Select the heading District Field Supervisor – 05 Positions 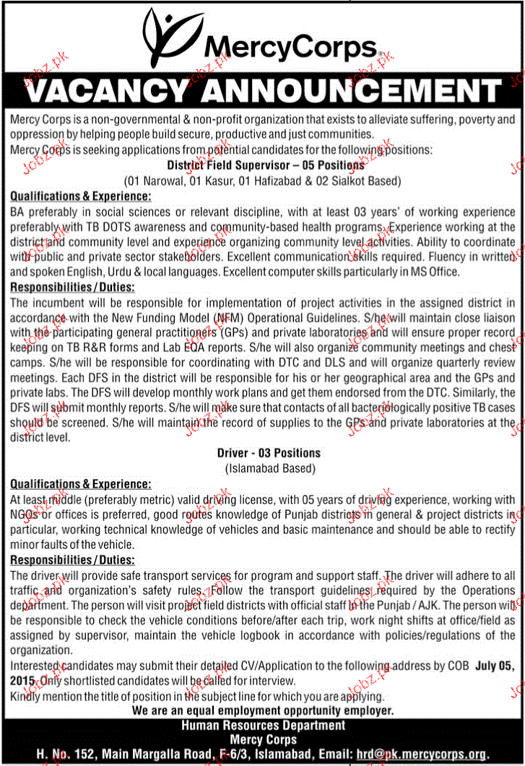(x=265, y=165)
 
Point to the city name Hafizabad (x=289, y=180)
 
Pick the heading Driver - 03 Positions (x=269, y=453)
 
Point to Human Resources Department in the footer (x=263, y=725)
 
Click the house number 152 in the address (x=75, y=754)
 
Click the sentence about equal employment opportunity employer (x=263, y=710)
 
